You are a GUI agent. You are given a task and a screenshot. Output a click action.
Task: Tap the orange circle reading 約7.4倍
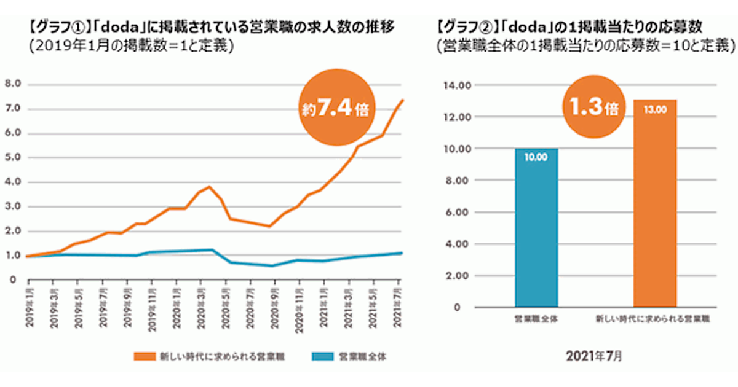[x=335, y=109]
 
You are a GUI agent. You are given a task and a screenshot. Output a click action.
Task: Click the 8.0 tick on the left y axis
[x=13, y=84]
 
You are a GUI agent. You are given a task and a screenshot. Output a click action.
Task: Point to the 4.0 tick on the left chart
[x=13, y=182]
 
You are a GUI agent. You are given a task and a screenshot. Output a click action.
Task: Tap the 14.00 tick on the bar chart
[x=455, y=85]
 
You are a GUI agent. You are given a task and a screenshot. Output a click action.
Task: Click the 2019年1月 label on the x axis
[x=28, y=301]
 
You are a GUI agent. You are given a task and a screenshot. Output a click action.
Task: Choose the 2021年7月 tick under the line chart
[x=398, y=301]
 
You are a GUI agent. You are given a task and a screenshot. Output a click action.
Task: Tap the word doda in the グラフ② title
[x=527, y=28]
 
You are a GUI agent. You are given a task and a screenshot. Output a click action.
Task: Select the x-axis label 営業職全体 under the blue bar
[x=536, y=319]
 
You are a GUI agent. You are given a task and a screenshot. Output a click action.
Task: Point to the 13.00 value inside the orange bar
[x=655, y=110]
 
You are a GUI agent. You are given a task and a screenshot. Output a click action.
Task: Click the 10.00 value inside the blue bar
[x=536, y=158]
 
